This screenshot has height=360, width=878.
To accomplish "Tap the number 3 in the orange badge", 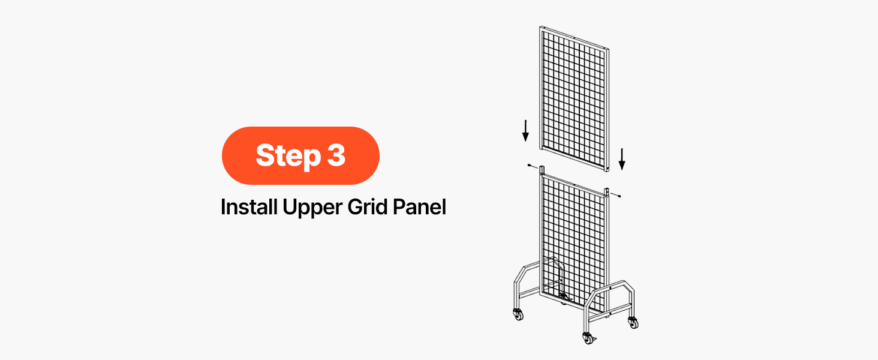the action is (x=336, y=155).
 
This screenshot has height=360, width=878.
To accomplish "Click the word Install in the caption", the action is (x=249, y=206).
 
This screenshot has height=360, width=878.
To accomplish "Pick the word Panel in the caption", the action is (x=419, y=206).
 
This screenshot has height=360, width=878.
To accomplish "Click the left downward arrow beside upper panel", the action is (x=525, y=131).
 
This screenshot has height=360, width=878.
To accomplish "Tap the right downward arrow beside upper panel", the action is (x=622, y=159).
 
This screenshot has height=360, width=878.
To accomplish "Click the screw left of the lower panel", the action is (x=533, y=166).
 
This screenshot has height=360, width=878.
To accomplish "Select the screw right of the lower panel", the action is (x=616, y=195).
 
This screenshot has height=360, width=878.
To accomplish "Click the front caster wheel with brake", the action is (x=588, y=338).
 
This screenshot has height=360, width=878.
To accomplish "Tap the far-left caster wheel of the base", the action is (x=518, y=314).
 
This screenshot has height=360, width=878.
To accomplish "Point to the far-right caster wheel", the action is (x=633, y=322).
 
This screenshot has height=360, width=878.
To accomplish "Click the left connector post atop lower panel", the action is (x=542, y=170).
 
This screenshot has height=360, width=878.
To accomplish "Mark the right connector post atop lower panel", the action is (x=606, y=193).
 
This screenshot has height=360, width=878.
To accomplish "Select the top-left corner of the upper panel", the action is (x=540, y=26).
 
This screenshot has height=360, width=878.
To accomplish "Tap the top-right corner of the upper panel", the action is (x=609, y=48).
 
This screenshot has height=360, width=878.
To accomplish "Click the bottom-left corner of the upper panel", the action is (x=540, y=149).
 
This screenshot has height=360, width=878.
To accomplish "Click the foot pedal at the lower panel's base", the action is (x=565, y=296).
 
